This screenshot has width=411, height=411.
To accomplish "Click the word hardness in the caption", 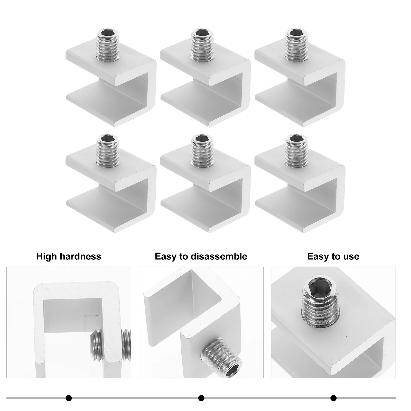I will [x=81, y=256].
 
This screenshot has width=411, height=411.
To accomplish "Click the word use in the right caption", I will [x=351, y=256].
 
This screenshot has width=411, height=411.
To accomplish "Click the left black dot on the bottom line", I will [x=69, y=398].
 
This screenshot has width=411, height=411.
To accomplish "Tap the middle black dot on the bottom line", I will [x=201, y=398].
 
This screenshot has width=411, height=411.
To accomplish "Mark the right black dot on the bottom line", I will [x=333, y=398].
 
